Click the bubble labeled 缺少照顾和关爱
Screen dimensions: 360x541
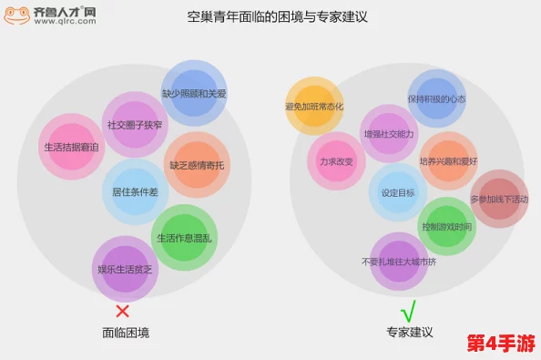coord(194,94)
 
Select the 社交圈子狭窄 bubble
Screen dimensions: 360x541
coord(135,125)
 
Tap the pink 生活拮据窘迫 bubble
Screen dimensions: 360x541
coord(72,147)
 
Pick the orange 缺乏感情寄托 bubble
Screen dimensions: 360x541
coord(197,165)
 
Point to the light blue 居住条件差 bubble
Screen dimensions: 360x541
coord(135,192)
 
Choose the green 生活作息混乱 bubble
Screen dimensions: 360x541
coord(184,238)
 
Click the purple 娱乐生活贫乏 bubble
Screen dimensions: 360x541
coord(125,269)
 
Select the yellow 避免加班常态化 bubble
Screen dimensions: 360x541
coord(314,107)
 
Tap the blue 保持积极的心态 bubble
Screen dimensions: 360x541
coord(436,99)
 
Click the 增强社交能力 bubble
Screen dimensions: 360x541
coord(389,134)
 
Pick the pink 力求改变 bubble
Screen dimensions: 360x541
coord(336,161)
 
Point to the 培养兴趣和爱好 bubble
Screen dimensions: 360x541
coord(448,161)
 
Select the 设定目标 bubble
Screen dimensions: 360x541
coord(398,192)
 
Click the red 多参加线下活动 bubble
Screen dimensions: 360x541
coord(499,200)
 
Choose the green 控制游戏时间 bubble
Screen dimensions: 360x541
coord(446,226)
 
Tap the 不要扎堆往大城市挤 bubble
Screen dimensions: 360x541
coord(399,262)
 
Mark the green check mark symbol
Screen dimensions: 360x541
coord(408,310)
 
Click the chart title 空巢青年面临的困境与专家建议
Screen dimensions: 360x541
coord(270,17)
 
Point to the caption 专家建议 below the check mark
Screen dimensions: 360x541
coord(407,333)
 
